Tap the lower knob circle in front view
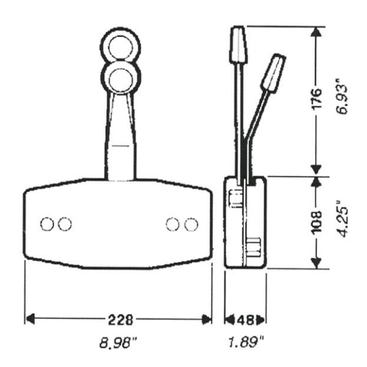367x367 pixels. [x=120, y=78]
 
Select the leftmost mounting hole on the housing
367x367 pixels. [x=46, y=224]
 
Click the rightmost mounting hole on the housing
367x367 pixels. [x=191, y=224]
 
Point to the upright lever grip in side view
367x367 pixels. [x=237, y=44]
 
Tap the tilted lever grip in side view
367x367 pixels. [x=273, y=72]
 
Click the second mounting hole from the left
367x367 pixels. [x=64, y=224]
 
